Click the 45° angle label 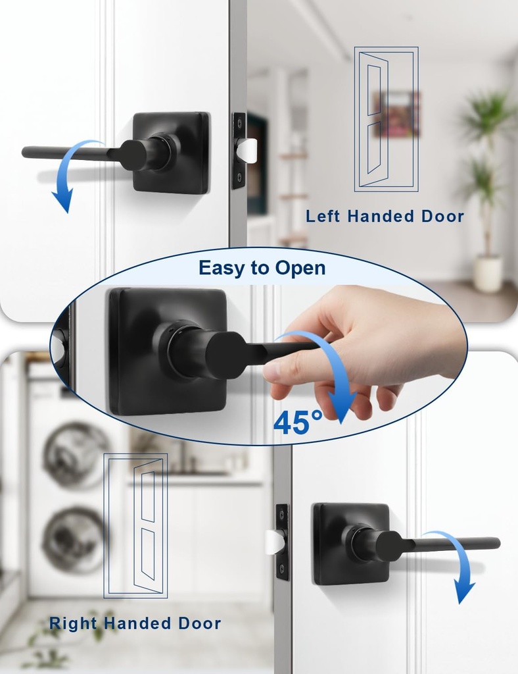coord(298,423)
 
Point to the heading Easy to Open coord(262,269)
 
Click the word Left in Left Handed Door coord(323,217)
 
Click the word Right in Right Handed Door coord(73,623)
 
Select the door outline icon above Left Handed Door coord(386,119)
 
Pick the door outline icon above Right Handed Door coord(135,526)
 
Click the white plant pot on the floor coord(488,274)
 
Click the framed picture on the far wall coord(396,114)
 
